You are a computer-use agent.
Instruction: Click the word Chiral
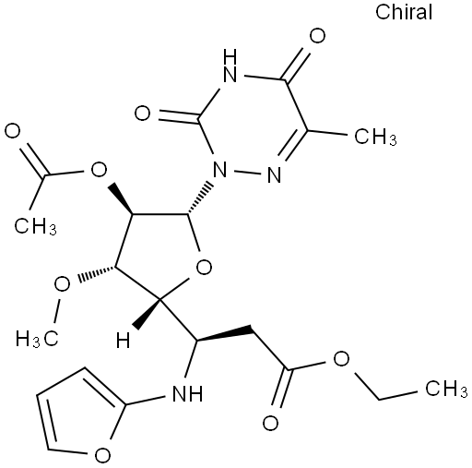pyautogui.click(x=404, y=12)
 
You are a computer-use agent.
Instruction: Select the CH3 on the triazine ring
pyautogui.click(x=375, y=137)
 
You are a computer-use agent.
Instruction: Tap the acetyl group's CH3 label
pyautogui.click(x=35, y=226)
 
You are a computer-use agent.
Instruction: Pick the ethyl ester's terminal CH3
pyautogui.click(x=446, y=388)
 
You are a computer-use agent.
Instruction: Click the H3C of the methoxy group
pyautogui.click(x=37, y=339)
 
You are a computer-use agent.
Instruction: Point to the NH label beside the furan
pyautogui.click(x=187, y=393)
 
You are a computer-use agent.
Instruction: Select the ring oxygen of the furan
pyautogui.click(x=102, y=454)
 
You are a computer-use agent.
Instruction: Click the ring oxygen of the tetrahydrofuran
pyautogui.click(x=204, y=267)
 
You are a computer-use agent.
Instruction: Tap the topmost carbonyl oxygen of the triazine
pyautogui.click(x=317, y=36)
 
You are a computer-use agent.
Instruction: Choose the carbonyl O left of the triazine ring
pyautogui.click(x=142, y=114)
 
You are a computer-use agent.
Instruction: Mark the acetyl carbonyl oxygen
pyautogui.click(x=13, y=131)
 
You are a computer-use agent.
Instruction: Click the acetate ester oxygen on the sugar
pyautogui.click(x=99, y=169)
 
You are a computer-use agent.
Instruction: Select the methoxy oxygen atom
pyautogui.click(x=62, y=284)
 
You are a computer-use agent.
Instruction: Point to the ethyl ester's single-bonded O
pyautogui.click(x=341, y=358)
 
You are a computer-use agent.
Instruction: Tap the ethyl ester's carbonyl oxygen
pyautogui.click(x=271, y=423)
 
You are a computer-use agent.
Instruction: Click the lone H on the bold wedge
pyautogui.click(x=124, y=341)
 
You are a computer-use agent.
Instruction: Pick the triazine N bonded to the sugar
pyautogui.click(x=220, y=169)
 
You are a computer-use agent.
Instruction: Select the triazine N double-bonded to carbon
pyautogui.click(x=274, y=175)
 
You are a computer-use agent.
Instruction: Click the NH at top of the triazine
pyautogui.click(x=230, y=66)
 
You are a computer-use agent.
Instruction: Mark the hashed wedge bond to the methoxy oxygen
pyautogui.click(x=97, y=273)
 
